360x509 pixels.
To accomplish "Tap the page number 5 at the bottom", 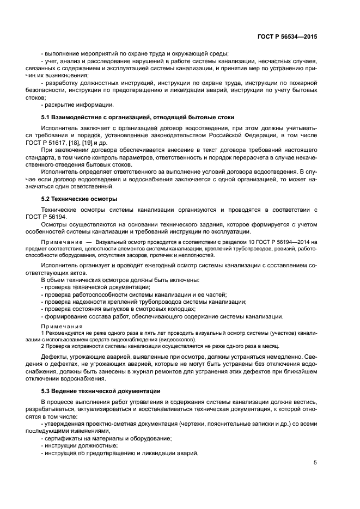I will pyautogui.click(x=315, y=463).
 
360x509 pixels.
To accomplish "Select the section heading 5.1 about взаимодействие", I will pyautogui.click(x=138, y=117).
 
